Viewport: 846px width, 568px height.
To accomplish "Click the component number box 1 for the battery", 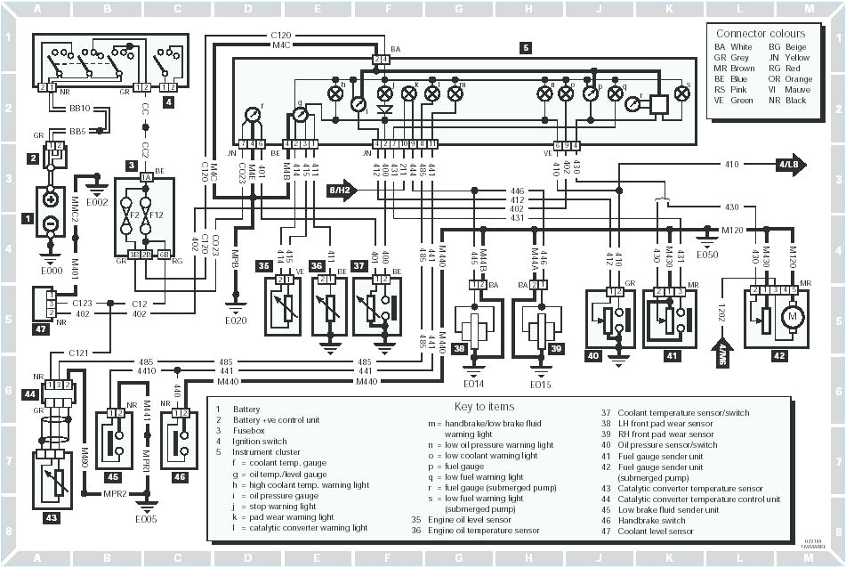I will coord(28,217).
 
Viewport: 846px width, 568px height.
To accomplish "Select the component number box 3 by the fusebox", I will coord(132,166).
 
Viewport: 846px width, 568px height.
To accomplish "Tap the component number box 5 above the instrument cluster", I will coord(526,48).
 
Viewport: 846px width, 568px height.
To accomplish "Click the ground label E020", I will coord(236,320).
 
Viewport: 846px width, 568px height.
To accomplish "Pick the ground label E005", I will coord(146,518).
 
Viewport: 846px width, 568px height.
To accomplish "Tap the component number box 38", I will coord(458,348).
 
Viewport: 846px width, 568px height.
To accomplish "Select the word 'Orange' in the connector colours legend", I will coord(798,78).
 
